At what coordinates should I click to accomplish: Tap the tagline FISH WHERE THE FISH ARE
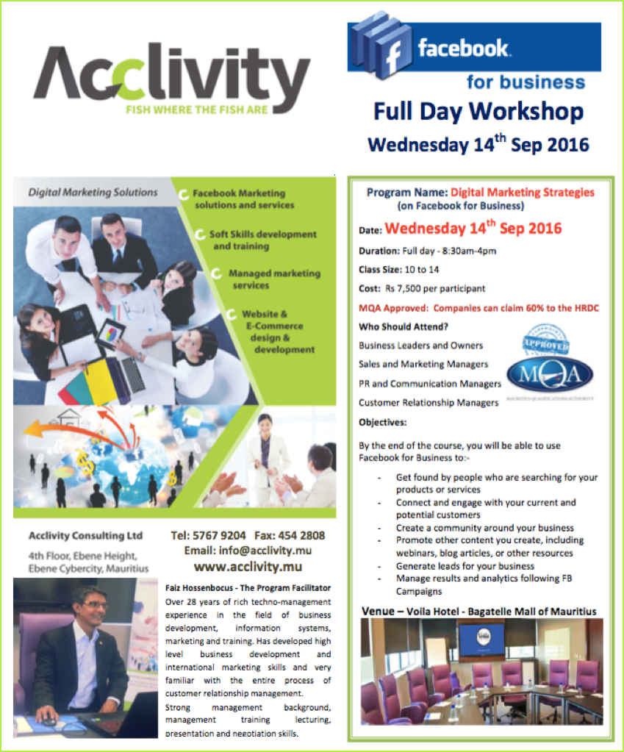click(204, 112)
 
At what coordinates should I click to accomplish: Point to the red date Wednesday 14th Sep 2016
click(473, 228)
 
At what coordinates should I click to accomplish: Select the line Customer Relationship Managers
click(428, 402)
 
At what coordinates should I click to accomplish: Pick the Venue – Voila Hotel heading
click(478, 611)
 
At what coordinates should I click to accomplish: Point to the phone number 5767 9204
click(218, 535)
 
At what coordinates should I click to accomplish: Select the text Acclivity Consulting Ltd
click(85, 535)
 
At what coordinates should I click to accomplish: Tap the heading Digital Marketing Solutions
click(93, 193)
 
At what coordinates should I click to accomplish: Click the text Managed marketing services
click(273, 279)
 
